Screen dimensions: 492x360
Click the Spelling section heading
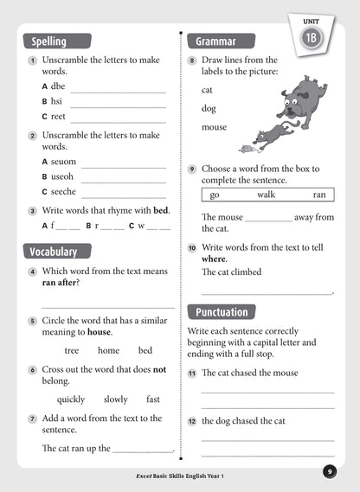[48, 41]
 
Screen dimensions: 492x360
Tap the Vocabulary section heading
[54, 252]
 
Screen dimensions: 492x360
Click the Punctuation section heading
[222, 312]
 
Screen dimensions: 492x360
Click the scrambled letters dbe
[59, 86]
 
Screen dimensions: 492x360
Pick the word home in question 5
[108, 350]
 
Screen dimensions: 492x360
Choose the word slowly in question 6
[116, 399]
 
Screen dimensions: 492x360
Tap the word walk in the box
[266, 195]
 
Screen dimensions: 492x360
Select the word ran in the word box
[319, 195]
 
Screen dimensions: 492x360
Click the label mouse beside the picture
[214, 127]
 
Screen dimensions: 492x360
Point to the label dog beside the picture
[209, 108]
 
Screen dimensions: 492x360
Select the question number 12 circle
[192, 421]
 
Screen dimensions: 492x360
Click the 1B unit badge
[312, 39]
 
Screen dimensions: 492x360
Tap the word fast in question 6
[153, 399]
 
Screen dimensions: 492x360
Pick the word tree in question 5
[72, 350]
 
